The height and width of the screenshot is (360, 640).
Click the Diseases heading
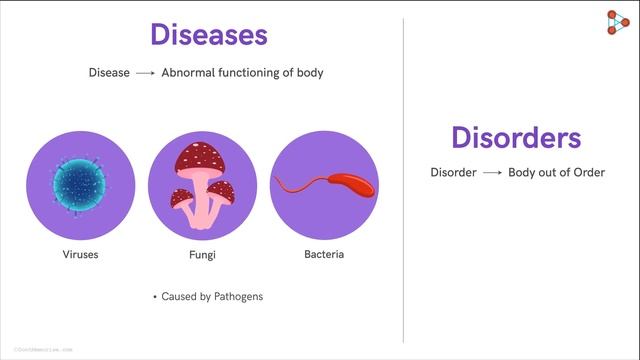coord(209,35)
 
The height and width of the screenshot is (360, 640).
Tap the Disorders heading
coord(516,137)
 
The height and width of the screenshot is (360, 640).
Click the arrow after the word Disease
coord(145,73)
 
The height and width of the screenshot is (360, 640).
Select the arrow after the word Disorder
coord(491,173)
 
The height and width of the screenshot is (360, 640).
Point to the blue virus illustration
coord(80,183)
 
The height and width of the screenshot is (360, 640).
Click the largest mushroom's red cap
coord(197,157)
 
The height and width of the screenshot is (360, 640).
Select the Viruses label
coord(80,255)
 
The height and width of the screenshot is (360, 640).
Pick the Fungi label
coord(202,255)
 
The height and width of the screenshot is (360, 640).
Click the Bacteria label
coord(324,254)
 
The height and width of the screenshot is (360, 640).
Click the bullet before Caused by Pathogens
coord(155,298)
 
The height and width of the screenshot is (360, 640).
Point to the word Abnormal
coord(189,73)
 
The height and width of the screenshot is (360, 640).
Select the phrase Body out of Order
coord(557,173)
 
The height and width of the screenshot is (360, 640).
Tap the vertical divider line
coord(404,180)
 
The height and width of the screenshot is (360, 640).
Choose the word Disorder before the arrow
coord(453,173)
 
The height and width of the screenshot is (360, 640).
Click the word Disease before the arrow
coord(109,73)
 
